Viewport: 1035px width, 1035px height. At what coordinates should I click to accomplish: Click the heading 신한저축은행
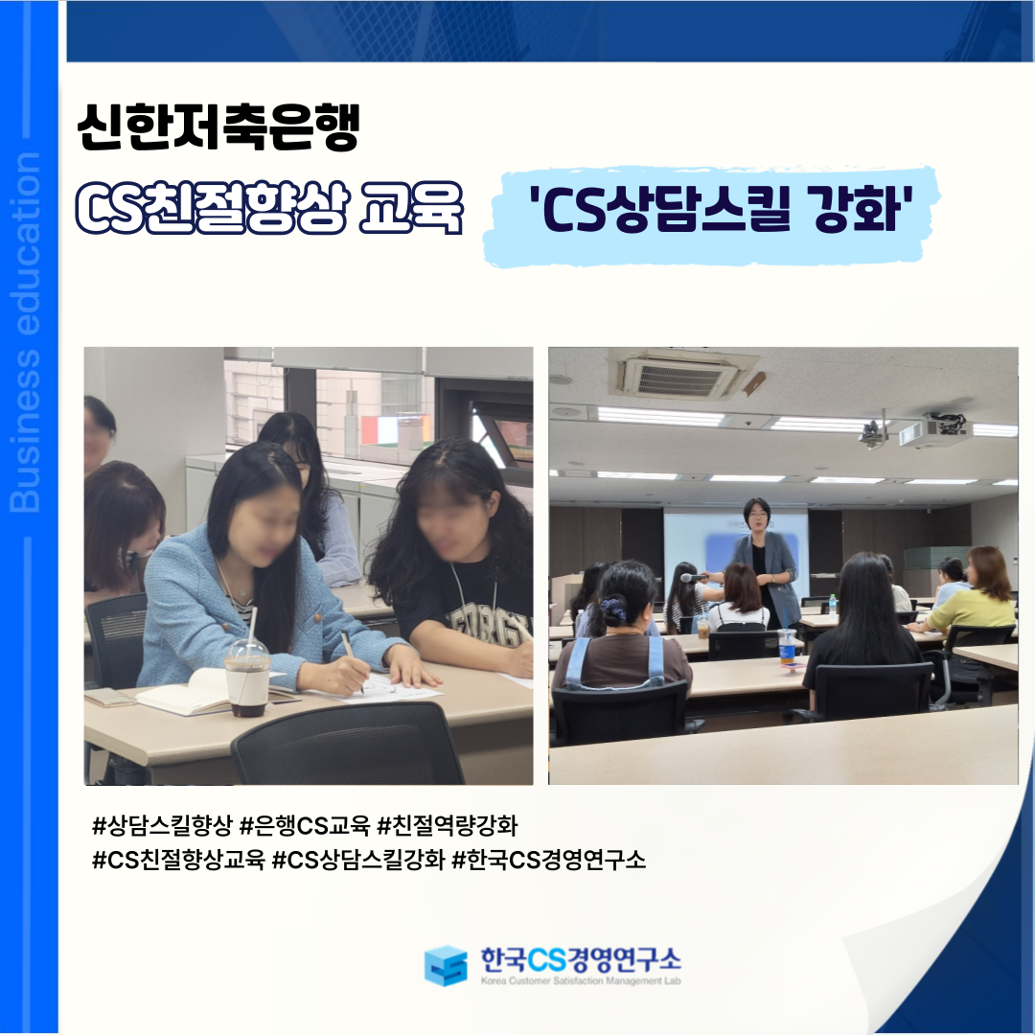point(218,126)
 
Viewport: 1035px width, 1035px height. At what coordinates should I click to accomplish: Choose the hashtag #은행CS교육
point(305,824)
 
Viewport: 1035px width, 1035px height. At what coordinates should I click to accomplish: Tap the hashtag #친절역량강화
point(447,824)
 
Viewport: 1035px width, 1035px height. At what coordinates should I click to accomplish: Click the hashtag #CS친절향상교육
point(178,860)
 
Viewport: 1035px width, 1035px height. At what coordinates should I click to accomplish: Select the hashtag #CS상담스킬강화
point(358,860)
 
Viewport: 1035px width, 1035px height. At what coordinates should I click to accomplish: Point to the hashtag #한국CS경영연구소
point(549,860)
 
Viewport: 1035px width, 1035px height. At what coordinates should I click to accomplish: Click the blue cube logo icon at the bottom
point(446,964)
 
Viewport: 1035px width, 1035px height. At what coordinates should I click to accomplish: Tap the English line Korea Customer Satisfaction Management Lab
point(580,981)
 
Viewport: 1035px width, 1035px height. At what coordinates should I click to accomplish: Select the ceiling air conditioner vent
point(682,374)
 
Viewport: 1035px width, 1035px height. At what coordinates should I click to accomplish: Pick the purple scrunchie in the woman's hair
point(611,609)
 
